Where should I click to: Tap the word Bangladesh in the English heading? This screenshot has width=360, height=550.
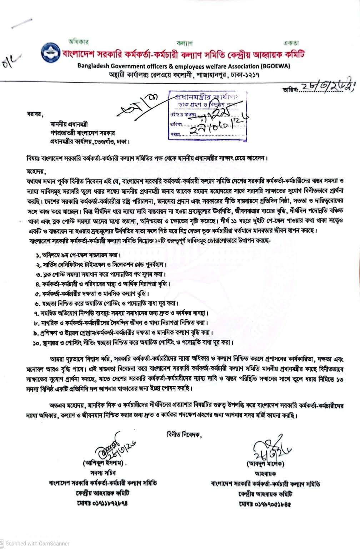click(94, 66)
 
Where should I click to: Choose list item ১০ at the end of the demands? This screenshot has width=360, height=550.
click(134, 342)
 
